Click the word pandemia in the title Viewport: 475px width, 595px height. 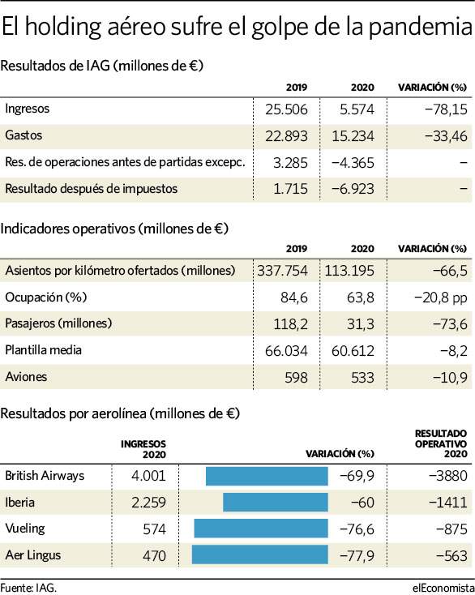click(x=421, y=28)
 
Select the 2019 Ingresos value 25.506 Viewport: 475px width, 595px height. click(x=286, y=109)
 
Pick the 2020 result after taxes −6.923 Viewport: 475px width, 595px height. click(x=353, y=189)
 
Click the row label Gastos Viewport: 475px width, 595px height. click(x=24, y=135)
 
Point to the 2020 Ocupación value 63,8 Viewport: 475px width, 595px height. click(x=361, y=297)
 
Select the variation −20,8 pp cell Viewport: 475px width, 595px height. click(x=440, y=297)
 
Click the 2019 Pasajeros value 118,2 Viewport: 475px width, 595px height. click(x=291, y=324)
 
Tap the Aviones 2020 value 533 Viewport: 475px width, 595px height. click(x=362, y=378)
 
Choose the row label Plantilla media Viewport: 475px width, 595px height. click(x=43, y=350)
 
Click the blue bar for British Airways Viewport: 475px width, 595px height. click(x=267, y=476)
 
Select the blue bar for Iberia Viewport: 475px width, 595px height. click(x=276, y=503)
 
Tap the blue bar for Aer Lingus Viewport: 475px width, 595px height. click(x=260, y=554)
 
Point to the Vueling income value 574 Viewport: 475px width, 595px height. click(x=154, y=529)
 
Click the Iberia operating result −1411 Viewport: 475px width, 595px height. click(x=448, y=503)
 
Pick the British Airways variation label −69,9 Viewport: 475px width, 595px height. click(x=357, y=476)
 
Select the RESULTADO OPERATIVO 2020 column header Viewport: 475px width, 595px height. click(x=441, y=443)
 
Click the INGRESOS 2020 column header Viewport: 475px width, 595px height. click(x=143, y=449)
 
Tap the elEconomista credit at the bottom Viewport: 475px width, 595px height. click(x=443, y=588)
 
